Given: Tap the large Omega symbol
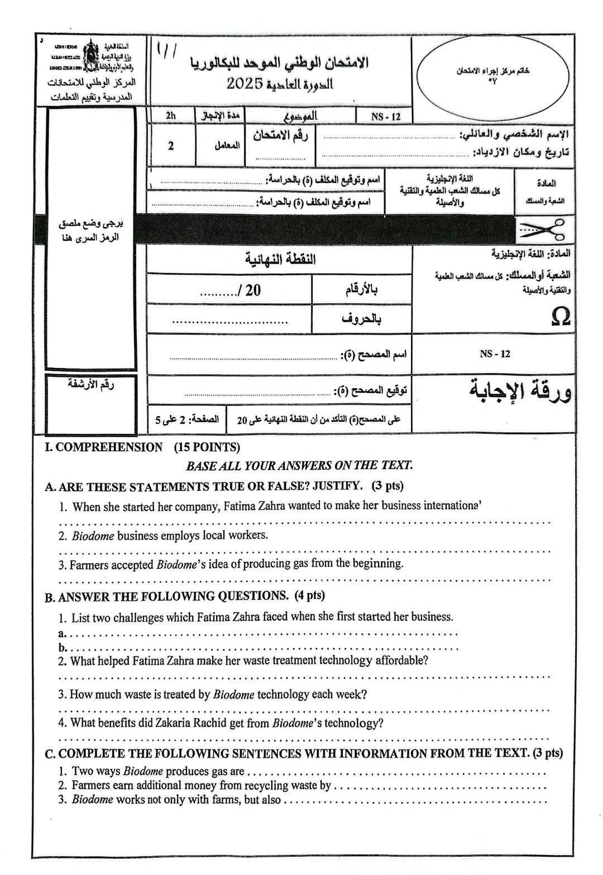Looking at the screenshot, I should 560,317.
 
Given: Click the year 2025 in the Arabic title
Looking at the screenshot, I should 245,84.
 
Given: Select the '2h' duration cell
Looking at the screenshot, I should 171,116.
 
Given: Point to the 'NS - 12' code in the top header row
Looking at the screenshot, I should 386,117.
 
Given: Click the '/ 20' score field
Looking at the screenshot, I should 231,290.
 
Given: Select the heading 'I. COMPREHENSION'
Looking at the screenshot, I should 103,447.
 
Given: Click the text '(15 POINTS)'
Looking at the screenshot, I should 207,447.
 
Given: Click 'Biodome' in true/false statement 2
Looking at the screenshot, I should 93,536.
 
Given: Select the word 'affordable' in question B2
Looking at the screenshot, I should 400,661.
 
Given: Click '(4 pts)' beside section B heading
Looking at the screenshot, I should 309,596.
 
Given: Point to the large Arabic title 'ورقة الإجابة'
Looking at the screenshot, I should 520,391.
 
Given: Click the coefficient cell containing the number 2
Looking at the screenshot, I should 171,146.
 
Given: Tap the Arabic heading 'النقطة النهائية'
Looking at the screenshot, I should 280,260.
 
